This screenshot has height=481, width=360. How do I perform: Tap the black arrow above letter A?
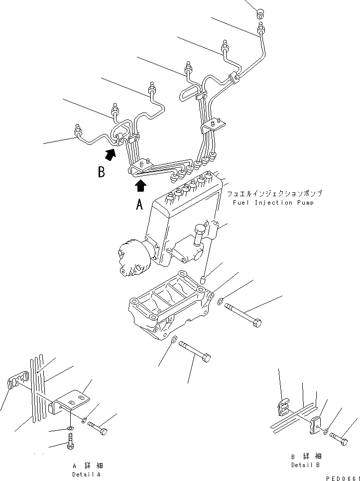(x=141, y=186)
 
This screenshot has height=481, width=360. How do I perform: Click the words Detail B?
(x=306, y=465)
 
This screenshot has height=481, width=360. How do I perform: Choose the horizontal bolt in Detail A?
(x=97, y=427)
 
